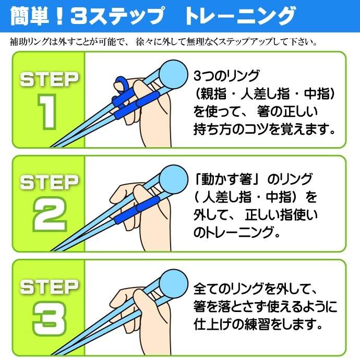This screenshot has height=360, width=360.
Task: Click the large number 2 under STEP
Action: [49, 214]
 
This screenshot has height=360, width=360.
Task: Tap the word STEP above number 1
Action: [49, 80]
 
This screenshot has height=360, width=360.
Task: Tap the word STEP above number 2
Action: [49, 183]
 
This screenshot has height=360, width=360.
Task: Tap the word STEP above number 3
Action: [49, 286]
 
